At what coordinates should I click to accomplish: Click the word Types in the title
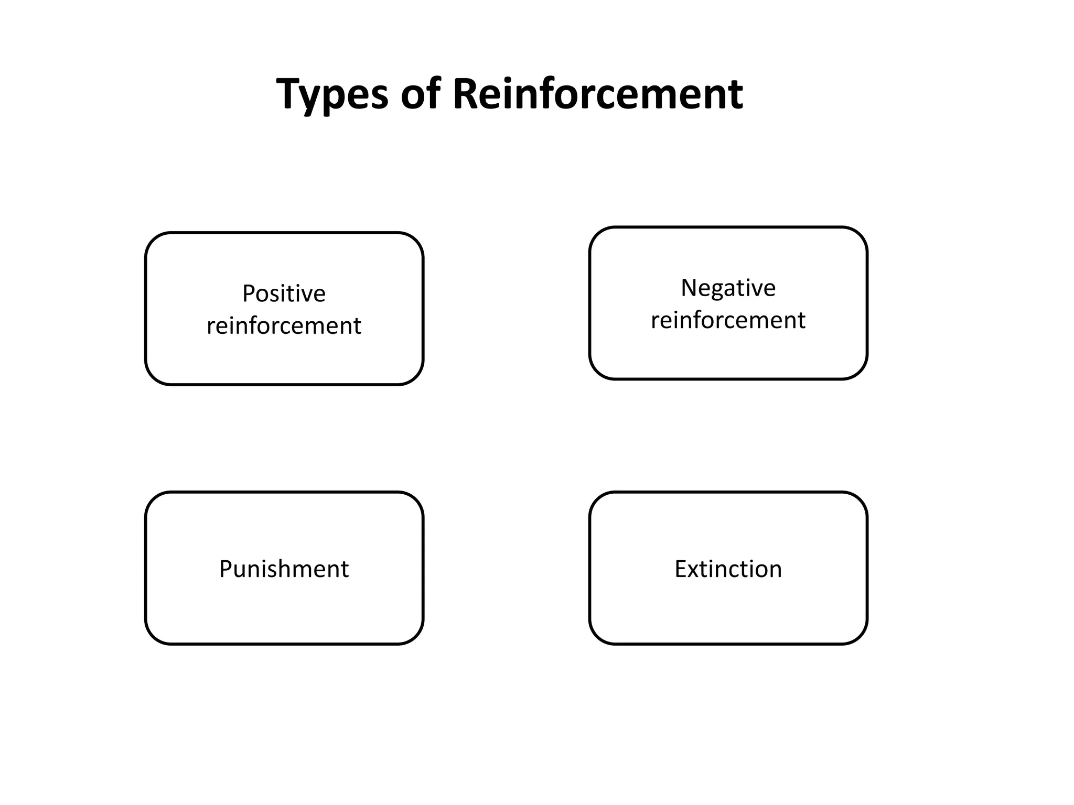pyautogui.click(x=332, y=94)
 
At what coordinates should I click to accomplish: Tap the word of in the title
pyautogui.click(x=421, y=94)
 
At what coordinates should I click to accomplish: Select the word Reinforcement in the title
pyautogui.click(x=597, y=94)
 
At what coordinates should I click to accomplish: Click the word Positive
pyautogui.click(x=284, y=293)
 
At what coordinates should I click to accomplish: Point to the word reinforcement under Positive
pyautogui.click(x=284, y=326)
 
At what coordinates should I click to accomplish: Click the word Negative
pyautogui.click(x=728, y=288)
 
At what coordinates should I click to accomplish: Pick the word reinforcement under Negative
pyautogui.click(x=728, y=320)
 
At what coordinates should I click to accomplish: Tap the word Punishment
pyautogui.click(x=284, y=569)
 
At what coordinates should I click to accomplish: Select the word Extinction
pyautogui.click(x=728, y=569)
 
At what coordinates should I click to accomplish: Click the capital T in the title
pyautogui.click(x=290, y=93)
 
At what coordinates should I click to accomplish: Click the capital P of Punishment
pyautogui.click(x=225, y=569)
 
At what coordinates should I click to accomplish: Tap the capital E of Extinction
pyautogui.click(x=681, y=569)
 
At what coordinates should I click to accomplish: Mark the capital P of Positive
pyautogui.click(x=249, y=293)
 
